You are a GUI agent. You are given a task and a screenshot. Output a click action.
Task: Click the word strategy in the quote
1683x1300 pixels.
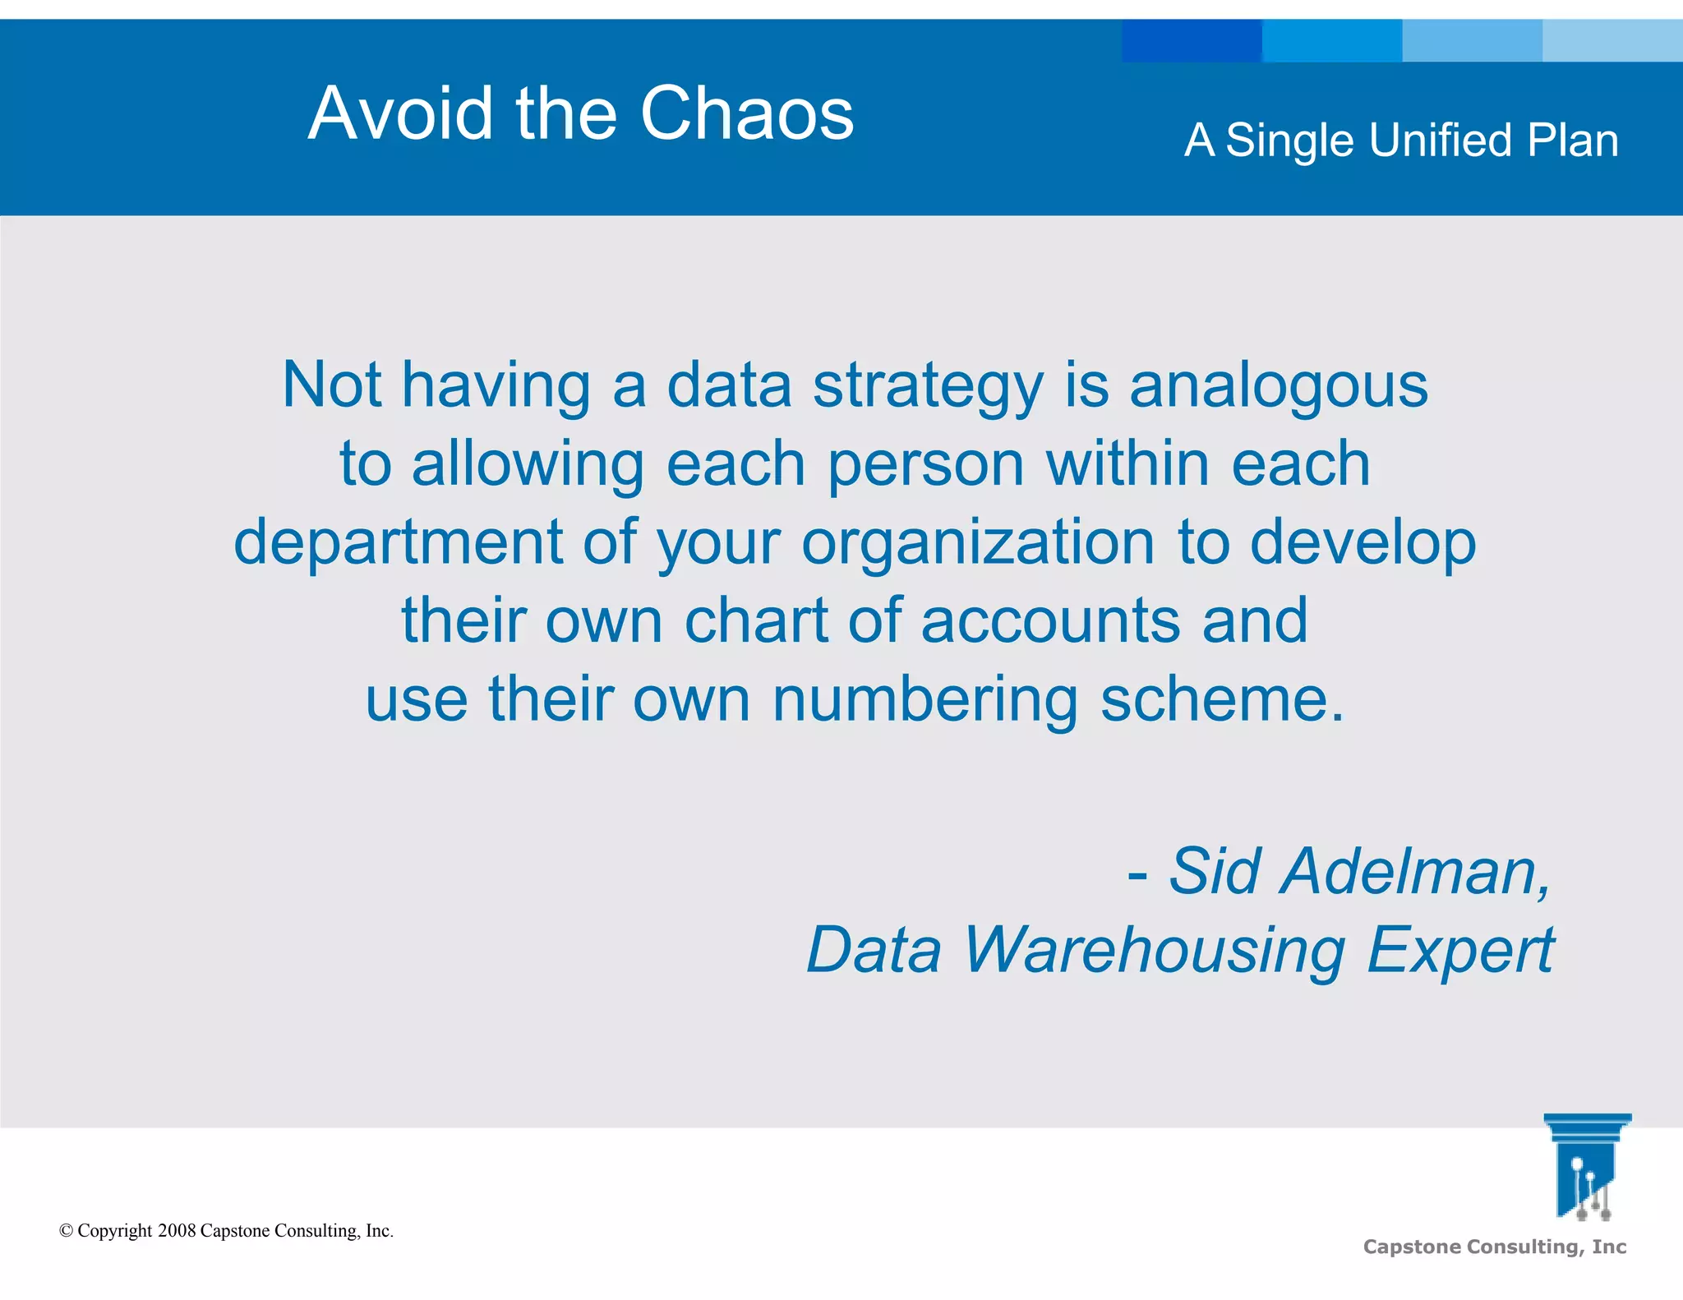tap(928, 386)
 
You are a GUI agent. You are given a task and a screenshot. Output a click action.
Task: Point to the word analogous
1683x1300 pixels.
tap(1279, 386)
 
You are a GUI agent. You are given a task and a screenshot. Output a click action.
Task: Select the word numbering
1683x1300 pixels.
tap(924, 698)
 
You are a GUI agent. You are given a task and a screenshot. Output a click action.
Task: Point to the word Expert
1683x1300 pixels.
tap(1460, 950)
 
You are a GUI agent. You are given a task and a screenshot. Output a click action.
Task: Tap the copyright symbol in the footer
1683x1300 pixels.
tap(67, 1231)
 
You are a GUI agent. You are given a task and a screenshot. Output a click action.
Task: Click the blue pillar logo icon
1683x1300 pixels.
tap(1586, 1167)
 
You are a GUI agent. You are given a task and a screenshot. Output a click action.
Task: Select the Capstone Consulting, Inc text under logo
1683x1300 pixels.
tap(1494, 1247)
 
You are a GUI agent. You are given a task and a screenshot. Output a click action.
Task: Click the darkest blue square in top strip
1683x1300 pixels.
tap(1191, 40)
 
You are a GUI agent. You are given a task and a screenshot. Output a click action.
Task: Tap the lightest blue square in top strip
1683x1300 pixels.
tap(1612, 40)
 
